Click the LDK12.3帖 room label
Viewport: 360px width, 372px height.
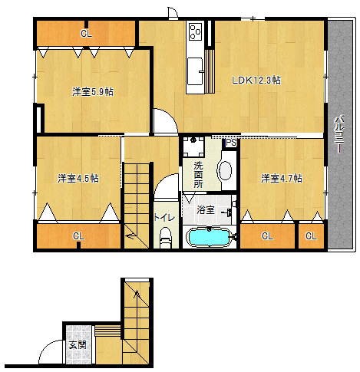[x=256, y=81]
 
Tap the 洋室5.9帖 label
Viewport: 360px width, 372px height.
[x=93, y=91]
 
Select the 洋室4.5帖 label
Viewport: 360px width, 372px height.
[x=78, y=178]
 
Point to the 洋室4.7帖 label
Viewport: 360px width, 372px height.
[x=282, y=178]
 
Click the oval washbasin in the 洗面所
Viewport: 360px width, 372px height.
[x=225, y=170]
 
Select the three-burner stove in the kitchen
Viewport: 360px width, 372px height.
[x=196, y=31]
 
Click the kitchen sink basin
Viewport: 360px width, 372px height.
[x=195, y=71]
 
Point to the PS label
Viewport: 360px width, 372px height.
[x=231, y=143]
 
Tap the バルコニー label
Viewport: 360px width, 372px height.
[x=339, y=134]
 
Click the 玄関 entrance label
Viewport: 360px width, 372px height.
[x=78, y=345]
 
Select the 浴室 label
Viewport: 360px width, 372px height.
[x=206, y=209]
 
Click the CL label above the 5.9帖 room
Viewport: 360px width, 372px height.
[x=86, y=34]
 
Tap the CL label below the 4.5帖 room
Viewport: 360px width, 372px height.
[x=78, y=235]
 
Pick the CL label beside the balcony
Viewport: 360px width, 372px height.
[x=311, y=235]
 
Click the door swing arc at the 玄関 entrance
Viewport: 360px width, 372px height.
[x=46, y=347]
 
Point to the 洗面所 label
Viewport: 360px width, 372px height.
[x=198, y=175]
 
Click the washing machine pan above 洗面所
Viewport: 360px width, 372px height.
[x=193, y=146]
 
